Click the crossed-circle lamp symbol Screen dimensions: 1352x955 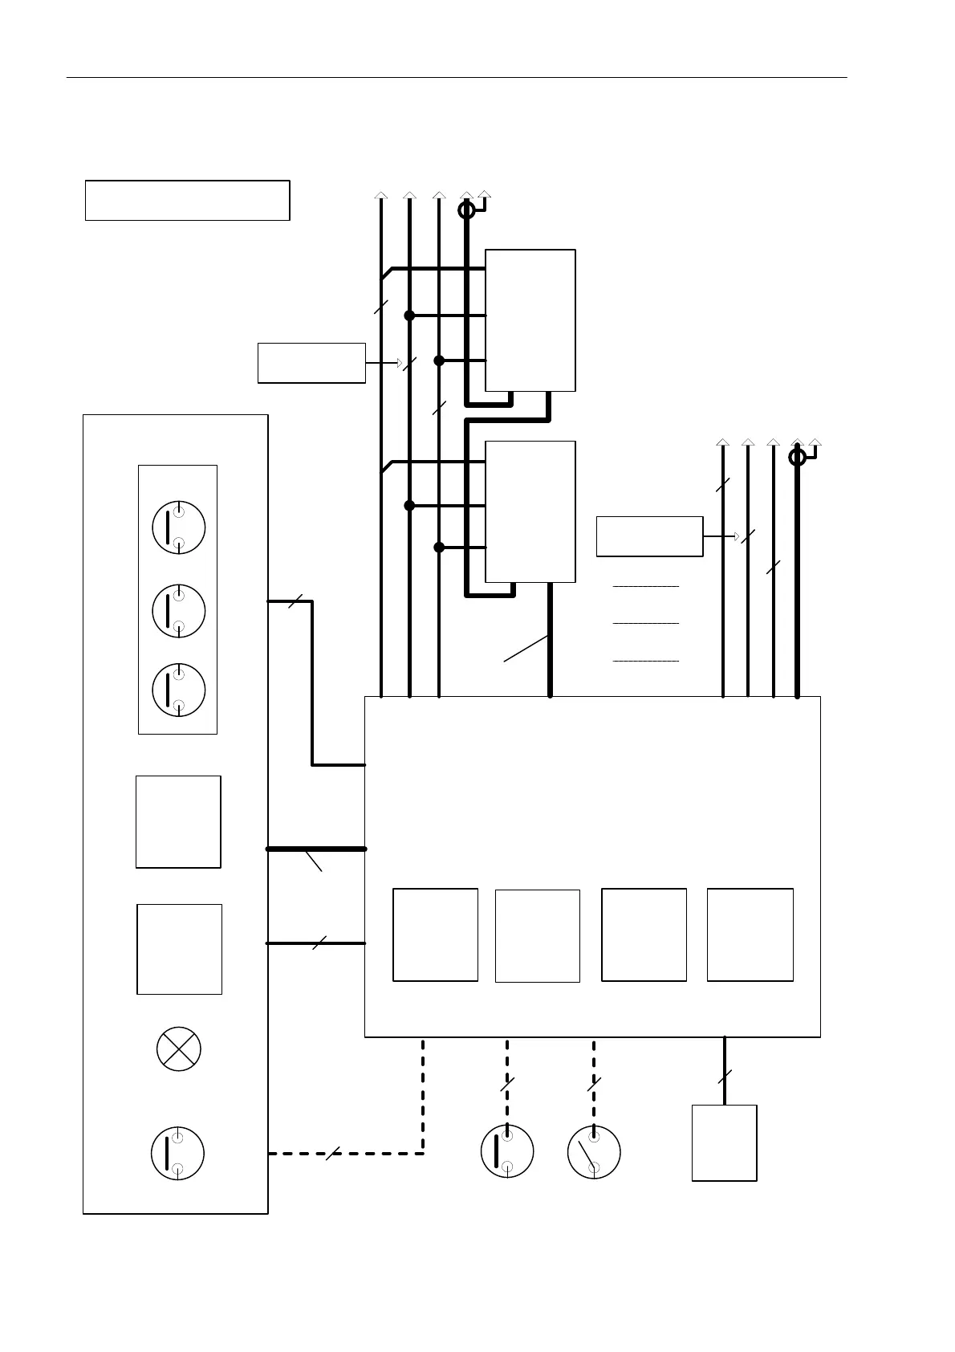(178, 1049)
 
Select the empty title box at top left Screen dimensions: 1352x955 (187, 200)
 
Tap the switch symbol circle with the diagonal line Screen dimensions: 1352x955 (594, 1152)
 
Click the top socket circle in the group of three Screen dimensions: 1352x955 (178, 527)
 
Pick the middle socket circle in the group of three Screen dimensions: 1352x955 (178, 610)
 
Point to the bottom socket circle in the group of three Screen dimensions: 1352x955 (178, 690)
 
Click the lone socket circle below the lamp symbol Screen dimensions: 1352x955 (177, 1154)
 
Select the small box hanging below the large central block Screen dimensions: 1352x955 (724, 1142)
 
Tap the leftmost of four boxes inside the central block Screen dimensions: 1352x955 (435, 935)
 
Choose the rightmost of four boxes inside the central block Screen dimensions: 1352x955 (750, 935)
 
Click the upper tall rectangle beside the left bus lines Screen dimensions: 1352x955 (530, 320)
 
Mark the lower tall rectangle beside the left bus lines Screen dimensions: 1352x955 (530, 511)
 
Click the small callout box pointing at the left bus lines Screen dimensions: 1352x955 (311, 363)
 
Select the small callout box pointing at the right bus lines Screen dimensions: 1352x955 (649, 536)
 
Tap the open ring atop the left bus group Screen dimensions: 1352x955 (466, 210)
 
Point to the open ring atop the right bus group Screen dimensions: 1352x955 (797, 457)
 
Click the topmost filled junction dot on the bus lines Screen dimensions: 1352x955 (409, 316)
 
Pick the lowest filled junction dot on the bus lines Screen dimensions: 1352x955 (439, 548)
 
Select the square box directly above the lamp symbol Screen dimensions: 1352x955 (179, 949)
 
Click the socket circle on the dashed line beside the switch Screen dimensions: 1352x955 (507, 1152)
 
